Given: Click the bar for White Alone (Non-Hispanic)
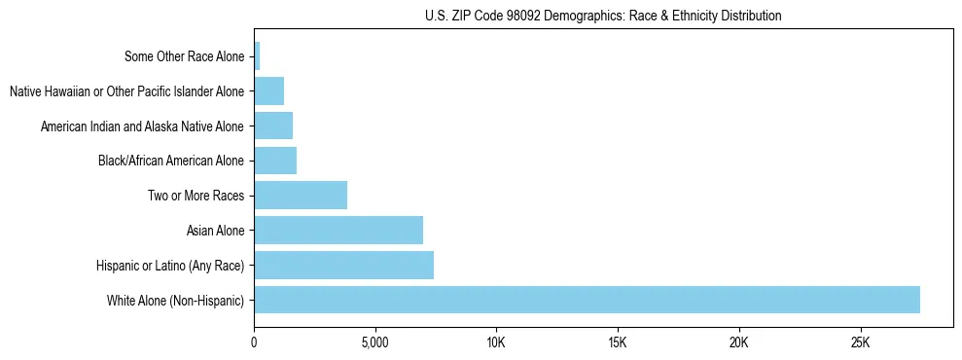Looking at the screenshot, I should pyautogui.click(x=587, y=300).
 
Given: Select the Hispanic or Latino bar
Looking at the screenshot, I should pyautogui.click(x=343, y=265).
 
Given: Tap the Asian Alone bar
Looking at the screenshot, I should pyautogui.click(x=338, y=231).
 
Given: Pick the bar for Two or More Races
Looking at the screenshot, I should pyautogui.click(x=301, y=196).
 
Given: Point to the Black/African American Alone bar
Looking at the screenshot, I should pyautogui.click(x=275, y=161).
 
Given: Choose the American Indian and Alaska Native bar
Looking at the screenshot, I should pyautogui.click(x=273, y=126).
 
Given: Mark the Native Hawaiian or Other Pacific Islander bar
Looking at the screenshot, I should pyautogui.click(x=268, y=91).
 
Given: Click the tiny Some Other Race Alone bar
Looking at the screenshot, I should pyautogui.click(x=257, y=56).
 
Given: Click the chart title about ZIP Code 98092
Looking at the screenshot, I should pyautogui.click(x=603, y=16).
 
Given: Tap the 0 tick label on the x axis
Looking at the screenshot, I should pyautogui.click(x=254, y=342).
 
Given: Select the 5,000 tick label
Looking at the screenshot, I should pyautogui.click(x=374, y=342).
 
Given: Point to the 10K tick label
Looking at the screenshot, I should pyautogui.click(x=496, y=342).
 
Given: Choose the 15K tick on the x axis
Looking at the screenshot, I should pyautogui.click(x=618, y=342).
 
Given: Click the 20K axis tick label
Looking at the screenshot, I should pyautogui.click(x=739, y=342).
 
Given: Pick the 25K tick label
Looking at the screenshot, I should pyautogui.click(x=860, y=342).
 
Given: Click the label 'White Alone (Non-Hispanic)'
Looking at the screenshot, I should pyautogui.click(x=175, y=301).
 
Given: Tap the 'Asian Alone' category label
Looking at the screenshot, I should pyautogui.click(x=216, y=231).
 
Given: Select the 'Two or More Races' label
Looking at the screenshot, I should pyautogui.click(x=196, y=196).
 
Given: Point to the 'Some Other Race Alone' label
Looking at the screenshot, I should pyautogui.click(x=185, y=56).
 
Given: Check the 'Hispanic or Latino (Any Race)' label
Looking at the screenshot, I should pyautogui.click(x=170, y=266).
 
